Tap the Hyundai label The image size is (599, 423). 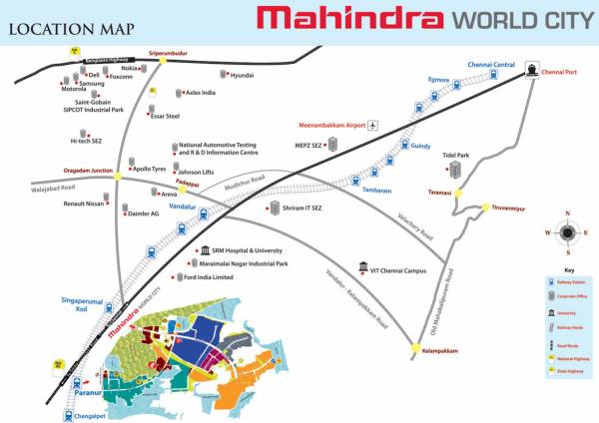tap(243, 75)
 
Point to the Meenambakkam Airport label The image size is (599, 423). tap(331, 125)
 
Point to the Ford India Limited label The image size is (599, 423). tap(209, 277)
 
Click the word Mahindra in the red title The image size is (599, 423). tap(348, 19)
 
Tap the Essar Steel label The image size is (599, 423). tap(166, 116)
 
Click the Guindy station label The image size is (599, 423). tap(420, 146)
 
